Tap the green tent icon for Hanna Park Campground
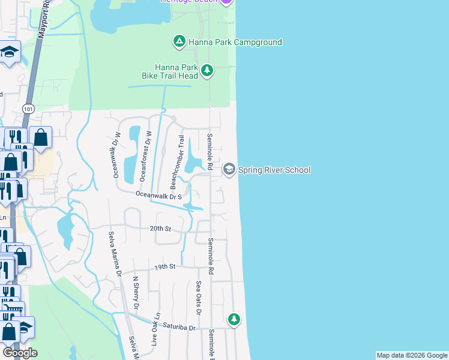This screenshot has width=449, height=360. pos(179,42)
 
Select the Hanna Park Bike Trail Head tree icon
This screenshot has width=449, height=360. pos(207,71)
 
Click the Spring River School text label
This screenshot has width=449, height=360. pos(274,170)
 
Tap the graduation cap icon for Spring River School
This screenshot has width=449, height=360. pos(229,170)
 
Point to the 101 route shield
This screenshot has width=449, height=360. pos(28,109)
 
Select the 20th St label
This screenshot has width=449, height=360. pos(160,229)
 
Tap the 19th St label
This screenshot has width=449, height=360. pos(164,266)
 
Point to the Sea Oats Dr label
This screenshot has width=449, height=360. pos(199,297)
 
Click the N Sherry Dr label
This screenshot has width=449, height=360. pos(136,292)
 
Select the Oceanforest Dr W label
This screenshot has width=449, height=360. pos(143,155)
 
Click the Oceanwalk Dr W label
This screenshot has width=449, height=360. pos(115,155)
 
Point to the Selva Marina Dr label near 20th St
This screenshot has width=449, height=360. pos(114,253)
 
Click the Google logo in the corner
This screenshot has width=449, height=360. pos(20,352)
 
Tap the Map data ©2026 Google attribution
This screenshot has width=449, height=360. pos(412,355)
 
